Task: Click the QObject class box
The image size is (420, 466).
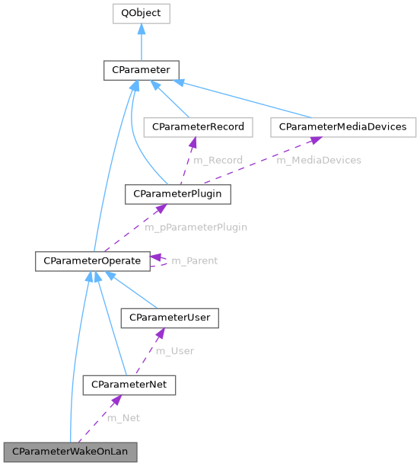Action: click(x=141, y=14)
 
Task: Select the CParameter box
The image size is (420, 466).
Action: click(x=141, y=71)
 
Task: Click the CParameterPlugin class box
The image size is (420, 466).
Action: click(x=177, y=194)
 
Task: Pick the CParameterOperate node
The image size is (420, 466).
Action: click(x=92, y=261)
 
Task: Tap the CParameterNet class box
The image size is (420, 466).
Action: click(x=129, y=385)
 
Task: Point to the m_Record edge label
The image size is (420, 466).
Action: click(x=218, y=160)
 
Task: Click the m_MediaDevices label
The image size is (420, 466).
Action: click(x=318, y=160)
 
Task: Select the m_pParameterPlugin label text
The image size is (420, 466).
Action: click(x=196, y=227)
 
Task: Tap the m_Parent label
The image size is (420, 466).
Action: click(x=194, y=261)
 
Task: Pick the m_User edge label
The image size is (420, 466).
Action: click(x=174, y=351)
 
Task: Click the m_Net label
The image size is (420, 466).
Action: click(x=123, y=418)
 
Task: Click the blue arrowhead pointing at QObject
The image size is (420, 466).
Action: click(x=141, y=29)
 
